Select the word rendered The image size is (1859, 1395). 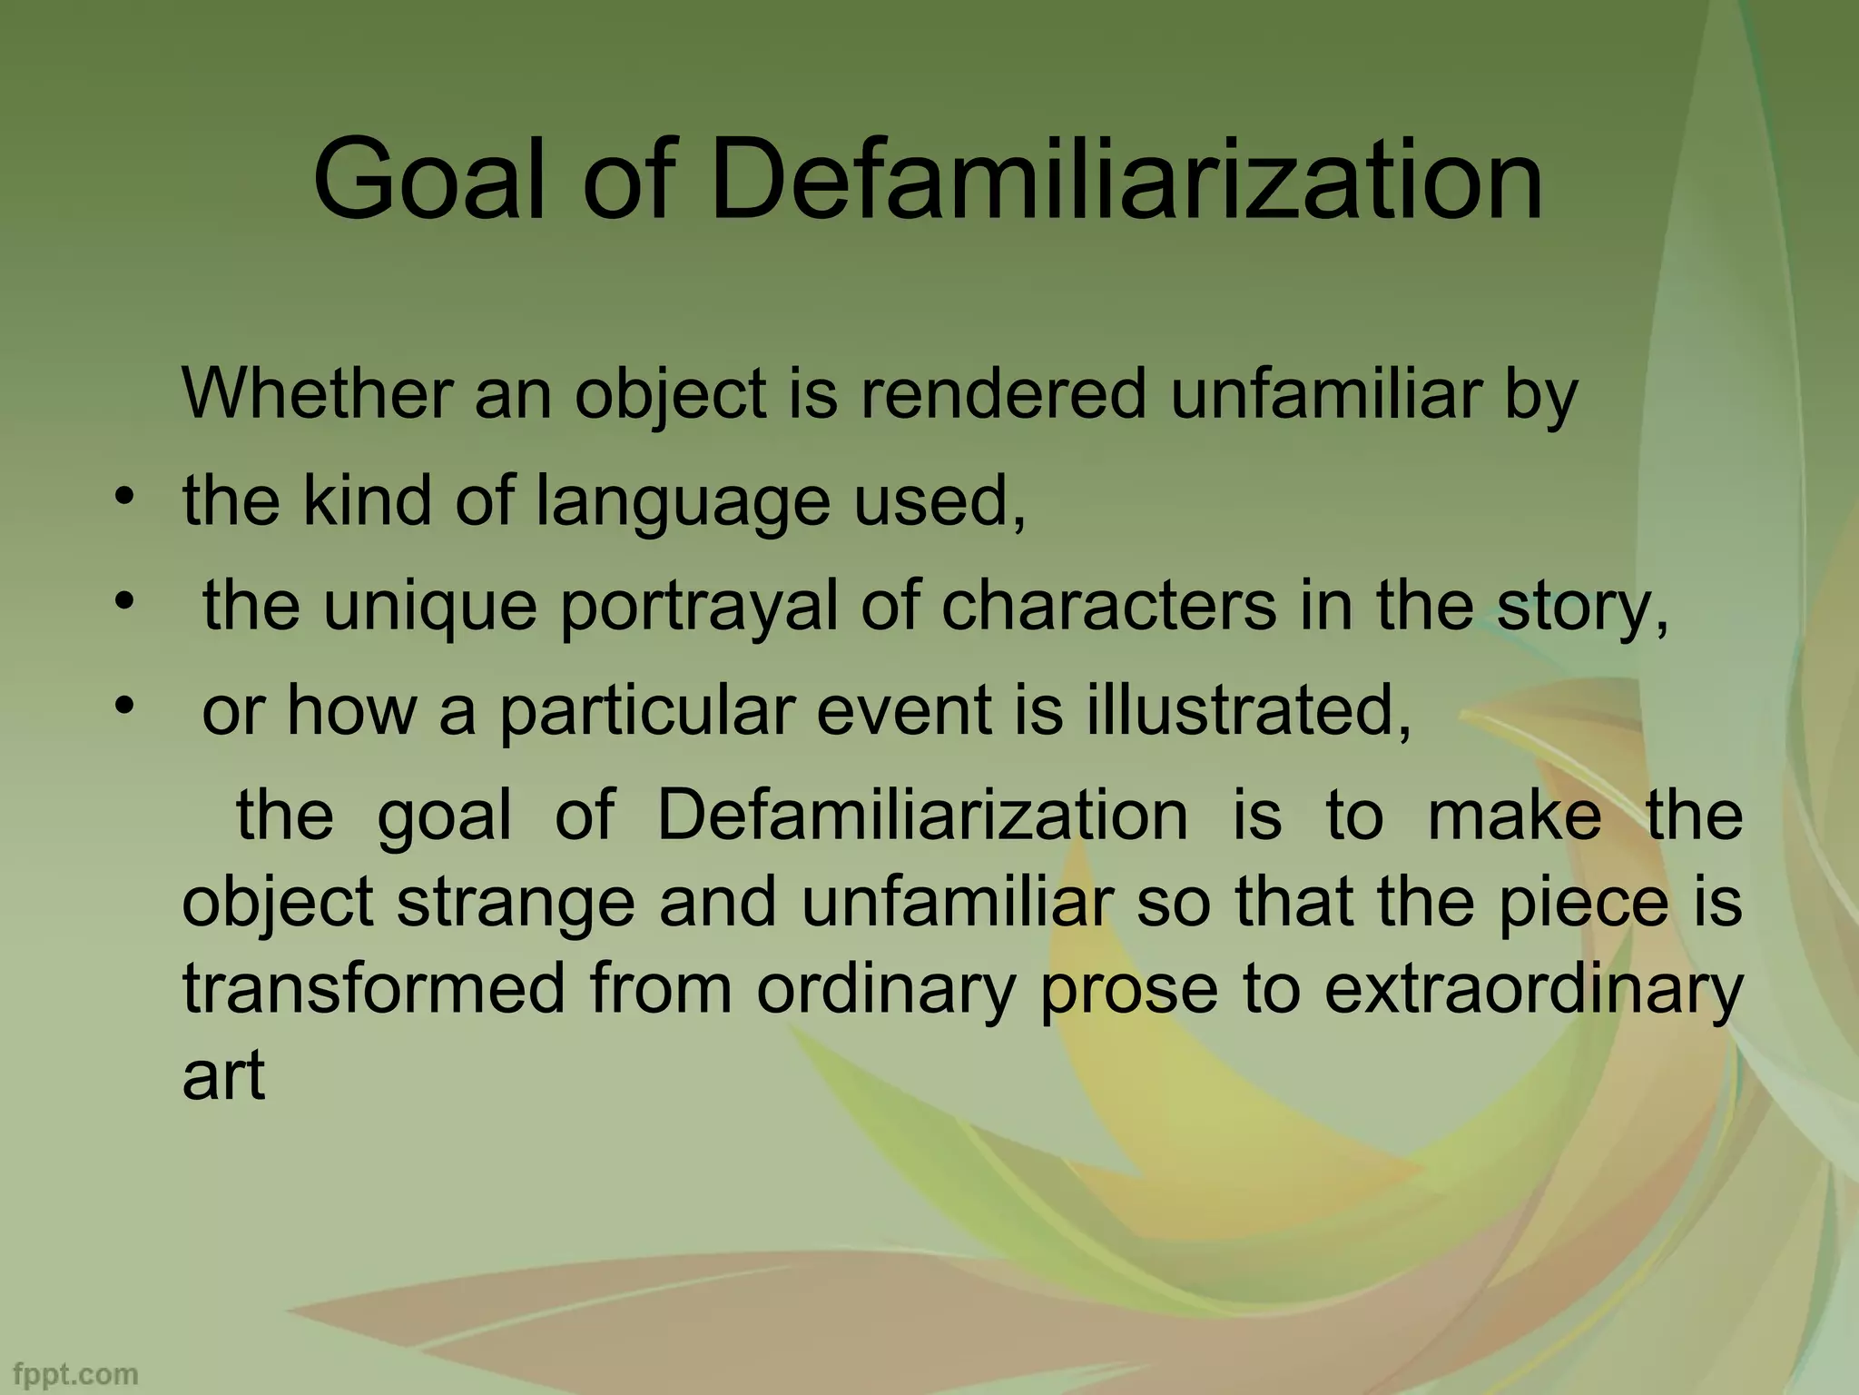pos(1003,395)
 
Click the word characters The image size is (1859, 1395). pos(1108,606)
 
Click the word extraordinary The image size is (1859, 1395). pos(1533,991)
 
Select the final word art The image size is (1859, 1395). pos(223,1075)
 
